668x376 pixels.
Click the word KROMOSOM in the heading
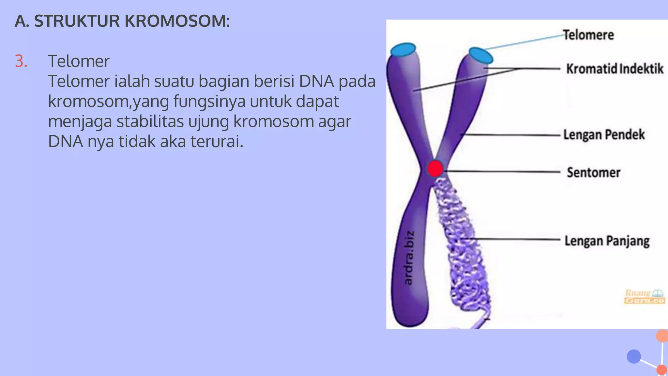177,21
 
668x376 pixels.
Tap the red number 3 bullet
21,61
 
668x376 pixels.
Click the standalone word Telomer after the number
79,61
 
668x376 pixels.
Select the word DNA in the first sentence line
316,81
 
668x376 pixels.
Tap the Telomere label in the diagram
588,35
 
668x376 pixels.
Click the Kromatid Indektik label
615,69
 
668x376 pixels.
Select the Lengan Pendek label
604,135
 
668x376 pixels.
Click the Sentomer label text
593,172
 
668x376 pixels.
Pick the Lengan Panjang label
607,241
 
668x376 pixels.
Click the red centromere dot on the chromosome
435,169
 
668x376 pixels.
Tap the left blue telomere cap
403,50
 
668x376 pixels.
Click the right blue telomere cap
481,55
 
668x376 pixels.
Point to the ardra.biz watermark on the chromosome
409,258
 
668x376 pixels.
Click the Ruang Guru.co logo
644,296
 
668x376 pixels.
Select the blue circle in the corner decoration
634,356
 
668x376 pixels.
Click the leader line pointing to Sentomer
502,171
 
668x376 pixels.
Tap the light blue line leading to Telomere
525,42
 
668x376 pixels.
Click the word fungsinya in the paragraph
209,102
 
